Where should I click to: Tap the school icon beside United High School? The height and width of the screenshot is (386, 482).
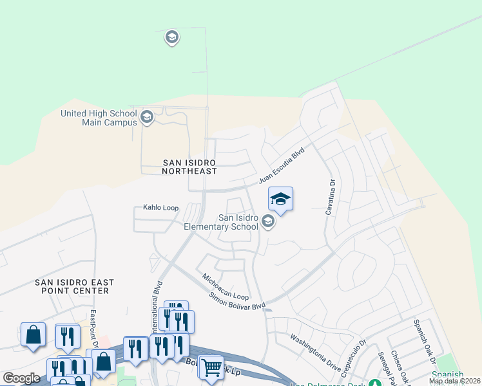click(146, 117)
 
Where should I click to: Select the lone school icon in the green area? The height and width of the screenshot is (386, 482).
click(171, 37)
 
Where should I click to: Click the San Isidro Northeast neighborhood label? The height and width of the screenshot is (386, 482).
click(188, 167)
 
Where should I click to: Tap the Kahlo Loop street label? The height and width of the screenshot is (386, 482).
click(160, 208)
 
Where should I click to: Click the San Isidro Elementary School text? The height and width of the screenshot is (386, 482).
click(221, 222)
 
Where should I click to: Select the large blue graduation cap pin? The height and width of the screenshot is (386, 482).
click(280, 199)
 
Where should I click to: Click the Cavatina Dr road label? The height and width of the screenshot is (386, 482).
click(333, 196)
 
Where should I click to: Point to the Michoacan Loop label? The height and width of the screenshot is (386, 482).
click(225, 287)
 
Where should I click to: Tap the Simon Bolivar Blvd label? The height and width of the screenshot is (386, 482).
click(237, 302)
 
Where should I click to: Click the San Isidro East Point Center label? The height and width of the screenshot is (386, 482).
click(74, 286)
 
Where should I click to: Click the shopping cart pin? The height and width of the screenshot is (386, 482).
click(211, 367)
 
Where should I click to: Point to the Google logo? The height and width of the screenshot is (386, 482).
click(21, 378)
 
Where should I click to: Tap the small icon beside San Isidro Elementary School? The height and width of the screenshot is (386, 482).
click(268, 222)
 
